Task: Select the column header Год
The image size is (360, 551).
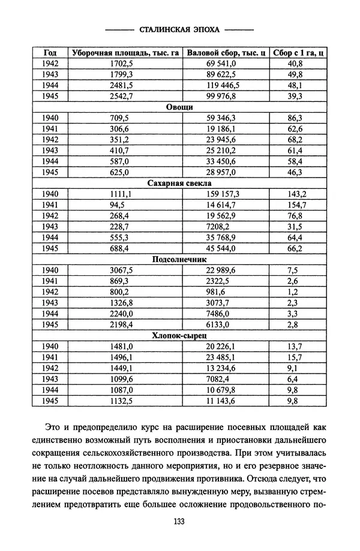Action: tap(50, 52)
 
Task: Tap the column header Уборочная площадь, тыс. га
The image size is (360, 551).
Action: tap(125, 52)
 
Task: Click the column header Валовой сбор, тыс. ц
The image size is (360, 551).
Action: tap(226, 52)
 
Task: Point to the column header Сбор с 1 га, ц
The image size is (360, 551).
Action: tap(298, 52)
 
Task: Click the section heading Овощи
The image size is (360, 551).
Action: tap(178, 107)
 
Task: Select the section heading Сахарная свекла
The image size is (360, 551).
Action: tap(178, 183)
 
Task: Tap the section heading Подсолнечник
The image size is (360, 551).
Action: tap(178, 260)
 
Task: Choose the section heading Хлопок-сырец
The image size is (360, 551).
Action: tap(178, 336)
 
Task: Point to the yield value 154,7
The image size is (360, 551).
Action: tap(296, 204)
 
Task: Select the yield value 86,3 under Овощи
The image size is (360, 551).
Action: tap(295, 118)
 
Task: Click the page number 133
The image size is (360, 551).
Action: tap(178, 521)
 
